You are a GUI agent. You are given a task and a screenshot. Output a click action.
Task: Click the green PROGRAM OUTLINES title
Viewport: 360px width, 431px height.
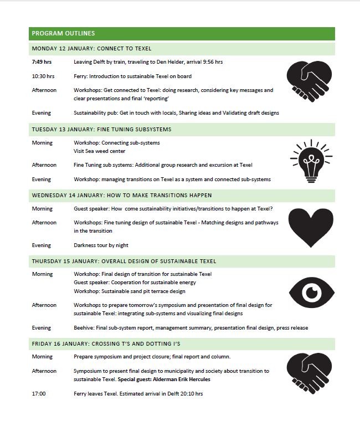point(64,33)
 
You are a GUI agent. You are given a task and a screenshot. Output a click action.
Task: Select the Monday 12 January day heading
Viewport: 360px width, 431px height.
point(92,48)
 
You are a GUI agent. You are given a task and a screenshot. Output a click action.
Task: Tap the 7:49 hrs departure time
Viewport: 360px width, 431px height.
point(42,62)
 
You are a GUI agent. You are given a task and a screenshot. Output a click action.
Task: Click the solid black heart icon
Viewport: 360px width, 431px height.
point(311,227)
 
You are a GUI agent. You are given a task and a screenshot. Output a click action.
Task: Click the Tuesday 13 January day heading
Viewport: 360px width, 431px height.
point(102,130)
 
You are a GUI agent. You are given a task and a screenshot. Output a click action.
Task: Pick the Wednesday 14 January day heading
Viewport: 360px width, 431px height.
point(122,196)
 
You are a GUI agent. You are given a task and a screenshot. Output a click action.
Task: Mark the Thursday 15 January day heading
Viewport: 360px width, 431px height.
point(124,261)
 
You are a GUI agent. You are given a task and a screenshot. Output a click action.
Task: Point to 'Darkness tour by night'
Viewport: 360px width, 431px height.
point(104,245)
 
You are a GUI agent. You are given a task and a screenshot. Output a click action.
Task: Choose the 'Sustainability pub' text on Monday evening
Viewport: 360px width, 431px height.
point(96,113)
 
